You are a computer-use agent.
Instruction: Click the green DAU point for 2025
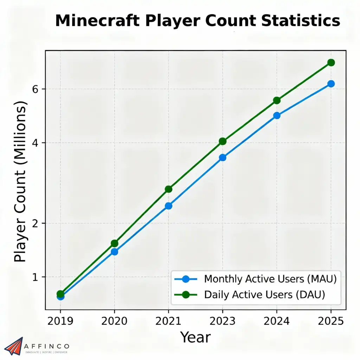tap(331, 63)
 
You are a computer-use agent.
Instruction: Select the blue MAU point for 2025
tap(331, 84)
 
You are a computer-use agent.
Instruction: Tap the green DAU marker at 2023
tap(223, 141)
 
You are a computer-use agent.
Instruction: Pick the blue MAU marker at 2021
tap(168, 206)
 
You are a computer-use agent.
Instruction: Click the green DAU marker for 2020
tap(114, 243)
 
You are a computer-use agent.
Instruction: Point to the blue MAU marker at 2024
tap(277, 115)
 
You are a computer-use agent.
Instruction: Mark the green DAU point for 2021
tap(168, 189)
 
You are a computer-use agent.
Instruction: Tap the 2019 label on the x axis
tap(60, 321)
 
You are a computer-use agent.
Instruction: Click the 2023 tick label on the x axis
tap(223, 321)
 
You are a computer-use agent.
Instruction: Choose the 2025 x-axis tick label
tap(331, 321)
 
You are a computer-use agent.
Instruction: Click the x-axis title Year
tap(195, 337)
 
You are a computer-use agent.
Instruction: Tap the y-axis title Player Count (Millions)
tap(20, 181)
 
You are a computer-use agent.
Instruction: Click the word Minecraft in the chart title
tap(98, 21)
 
